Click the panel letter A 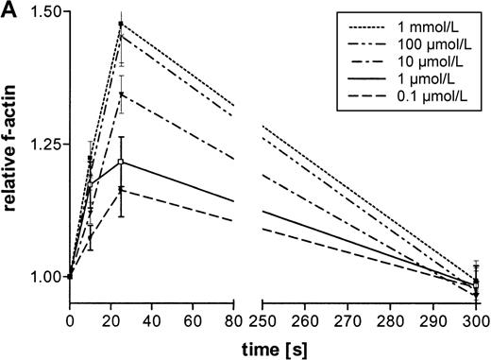click(x=10, y=11)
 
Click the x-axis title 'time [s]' click(x=273, y=346)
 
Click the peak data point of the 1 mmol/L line click(x=121, y=24)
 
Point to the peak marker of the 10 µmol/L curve click(x=121, y=94)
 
